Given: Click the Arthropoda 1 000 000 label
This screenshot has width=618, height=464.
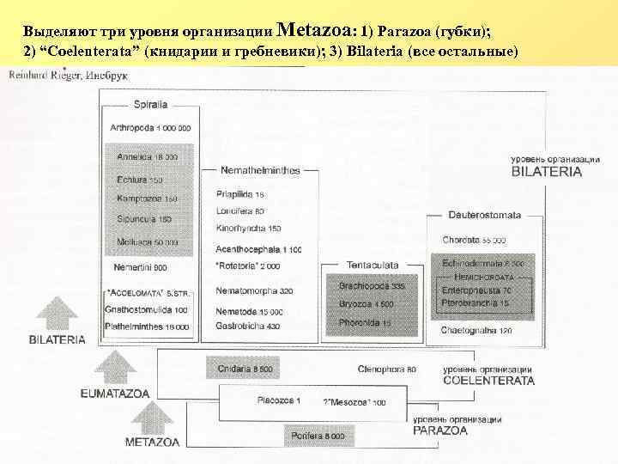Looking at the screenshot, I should coord(150,128).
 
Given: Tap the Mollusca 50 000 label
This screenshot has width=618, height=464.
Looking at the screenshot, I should coord(147,242).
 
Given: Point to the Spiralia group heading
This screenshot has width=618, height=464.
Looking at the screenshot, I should coord(150,105).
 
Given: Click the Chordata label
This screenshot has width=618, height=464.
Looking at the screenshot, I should coord(474,240).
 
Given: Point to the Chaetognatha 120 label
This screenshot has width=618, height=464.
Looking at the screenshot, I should coord(476,330).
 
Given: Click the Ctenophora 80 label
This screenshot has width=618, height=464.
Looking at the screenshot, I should coord(387,369).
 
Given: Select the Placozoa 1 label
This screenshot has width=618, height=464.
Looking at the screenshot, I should coord(280,401).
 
